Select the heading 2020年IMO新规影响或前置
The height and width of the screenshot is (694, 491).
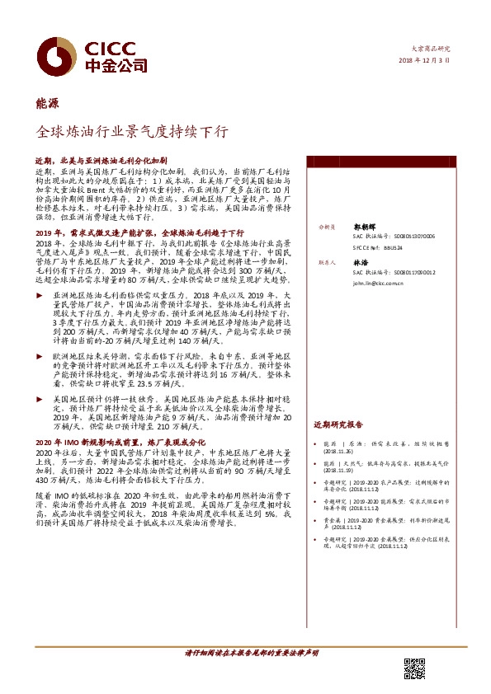(125, 442)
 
